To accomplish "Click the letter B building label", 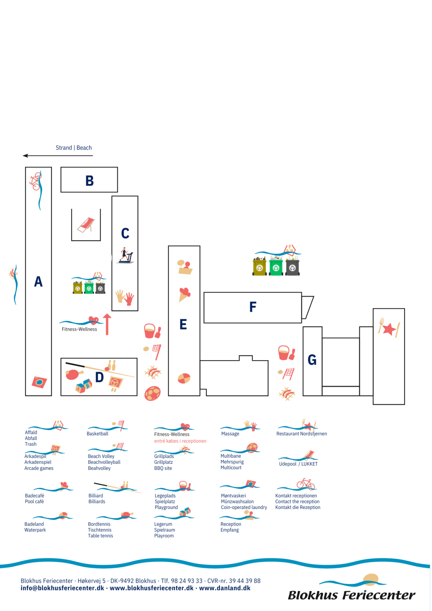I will [90, 180].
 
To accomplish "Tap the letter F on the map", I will [253, 307].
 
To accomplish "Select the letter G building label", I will [312, 360].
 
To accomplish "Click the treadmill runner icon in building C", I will [126, 256].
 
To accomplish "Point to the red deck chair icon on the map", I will [86, 225].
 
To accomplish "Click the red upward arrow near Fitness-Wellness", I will [107, 324].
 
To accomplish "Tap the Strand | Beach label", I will [74, 148].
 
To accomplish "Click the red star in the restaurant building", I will [389, 328].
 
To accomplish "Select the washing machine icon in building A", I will [39, 382].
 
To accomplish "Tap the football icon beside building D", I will [153, 393].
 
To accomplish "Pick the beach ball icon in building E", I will [184, 378].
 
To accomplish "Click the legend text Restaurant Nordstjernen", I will [302, 434].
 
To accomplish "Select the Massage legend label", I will [230, 434].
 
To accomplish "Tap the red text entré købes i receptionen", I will [180, 441].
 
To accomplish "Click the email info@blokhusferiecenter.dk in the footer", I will [62, 588].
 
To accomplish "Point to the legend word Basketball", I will [98, 434].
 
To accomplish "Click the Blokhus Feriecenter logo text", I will [352, 595].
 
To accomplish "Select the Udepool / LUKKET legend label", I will [298, 464].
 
